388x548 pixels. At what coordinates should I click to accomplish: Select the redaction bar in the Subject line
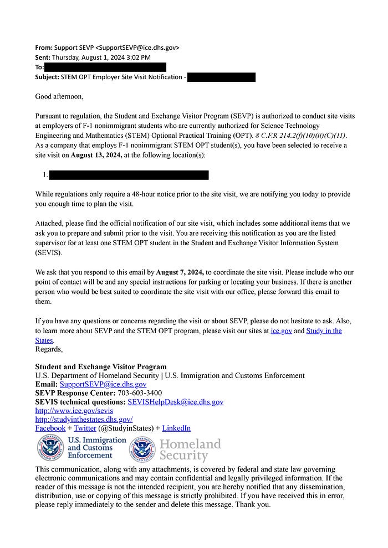(221, 77)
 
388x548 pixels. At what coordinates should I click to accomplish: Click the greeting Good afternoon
(59, 96)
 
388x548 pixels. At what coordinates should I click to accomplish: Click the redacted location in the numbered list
(129, 175)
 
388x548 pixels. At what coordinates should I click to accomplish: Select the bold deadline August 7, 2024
(180, 272)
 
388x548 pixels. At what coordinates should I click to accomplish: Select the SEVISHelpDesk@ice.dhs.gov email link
(175, 402)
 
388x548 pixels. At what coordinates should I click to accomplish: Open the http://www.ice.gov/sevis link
(74, 411)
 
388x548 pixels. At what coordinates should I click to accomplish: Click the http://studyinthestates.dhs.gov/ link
(84, 420)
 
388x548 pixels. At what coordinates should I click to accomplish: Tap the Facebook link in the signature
(50, 428)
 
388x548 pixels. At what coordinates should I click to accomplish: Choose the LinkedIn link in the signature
(176, 428)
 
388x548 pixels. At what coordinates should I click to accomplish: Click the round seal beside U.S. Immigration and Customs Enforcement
(50, 448)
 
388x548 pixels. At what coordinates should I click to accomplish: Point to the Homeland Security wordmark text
(190, 449)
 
